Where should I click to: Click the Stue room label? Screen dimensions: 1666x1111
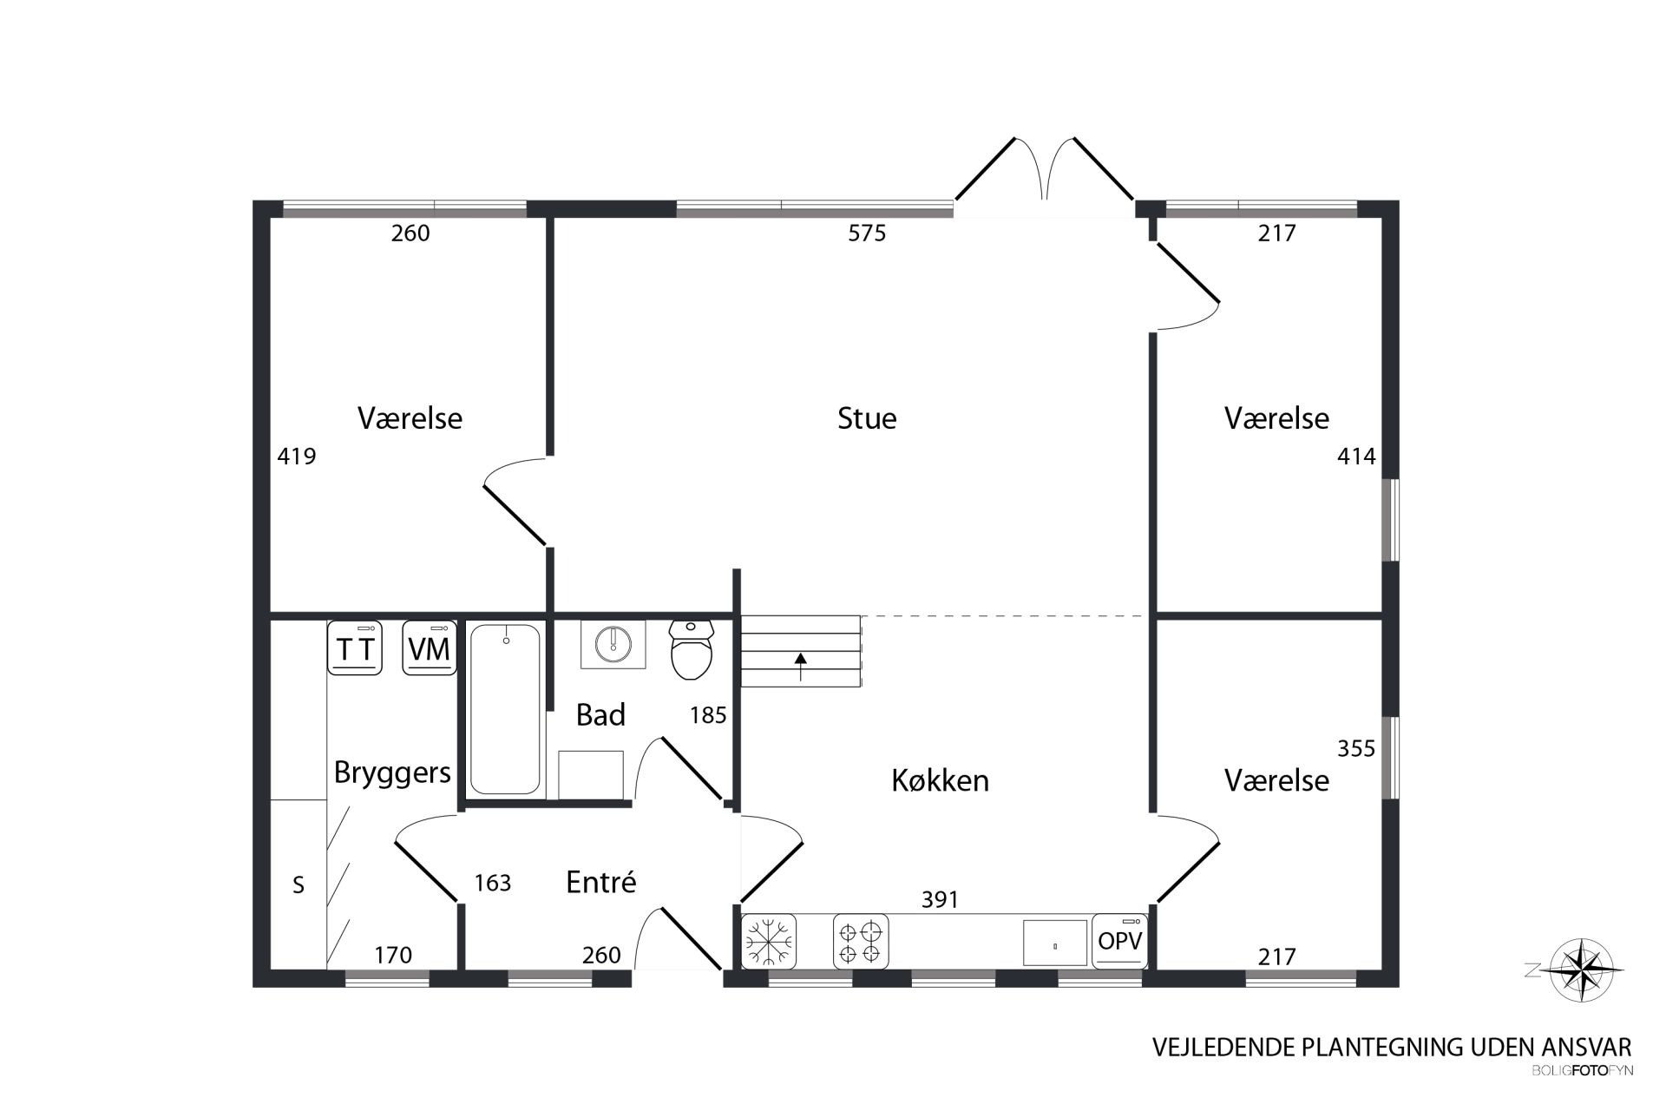click(x=867, y=418)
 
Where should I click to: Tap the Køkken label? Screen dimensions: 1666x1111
click(x=940, y=780)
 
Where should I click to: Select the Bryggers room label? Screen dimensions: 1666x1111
click(x=392, y=772)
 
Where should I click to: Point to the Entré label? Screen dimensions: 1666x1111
click(x=600, y=882)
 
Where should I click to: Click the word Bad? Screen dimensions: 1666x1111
click(x=600, y=714)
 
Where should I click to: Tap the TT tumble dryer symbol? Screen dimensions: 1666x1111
click(x=355, y=648)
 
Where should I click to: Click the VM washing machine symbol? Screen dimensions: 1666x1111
click(x=430, y=648)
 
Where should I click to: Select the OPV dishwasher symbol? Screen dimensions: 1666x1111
click(x=1119, y=941)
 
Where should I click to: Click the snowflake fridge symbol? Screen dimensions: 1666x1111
click(x=769, y=941)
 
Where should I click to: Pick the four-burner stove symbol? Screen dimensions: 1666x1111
click(x=861, y=941)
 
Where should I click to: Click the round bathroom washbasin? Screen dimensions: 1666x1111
click(x=613, y=643)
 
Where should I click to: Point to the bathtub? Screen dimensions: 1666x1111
click(x=505, y=710)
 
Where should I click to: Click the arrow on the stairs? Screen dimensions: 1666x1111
click(x=800, y=667)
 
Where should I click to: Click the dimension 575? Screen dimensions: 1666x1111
click(x=867, y=233)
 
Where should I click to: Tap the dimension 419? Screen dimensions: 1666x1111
click(x=297, y=456)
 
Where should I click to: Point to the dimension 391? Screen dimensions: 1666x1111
click(x=940, y=900)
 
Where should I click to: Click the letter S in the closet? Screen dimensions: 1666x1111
click(x=298, y=884)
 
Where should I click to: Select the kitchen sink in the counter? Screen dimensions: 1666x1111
click(x=1054, y=943)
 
